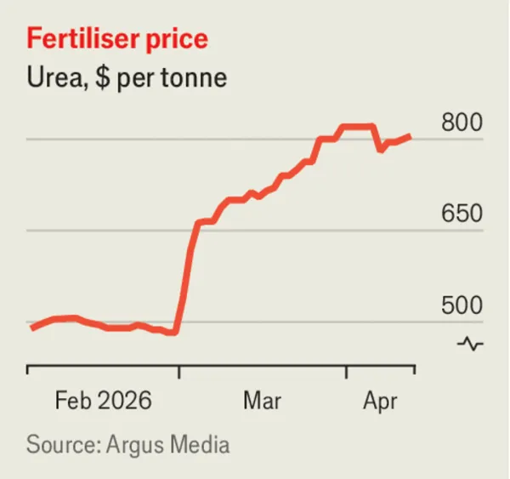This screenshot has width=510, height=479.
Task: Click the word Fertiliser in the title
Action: point(83,39)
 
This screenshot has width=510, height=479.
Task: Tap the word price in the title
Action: point(177,41)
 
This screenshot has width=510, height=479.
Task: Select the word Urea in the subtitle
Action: point(55,77)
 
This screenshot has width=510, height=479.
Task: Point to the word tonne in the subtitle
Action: point(194,78)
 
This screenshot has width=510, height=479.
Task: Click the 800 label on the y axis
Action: point(462,123)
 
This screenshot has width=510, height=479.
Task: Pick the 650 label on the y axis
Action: point(462,214)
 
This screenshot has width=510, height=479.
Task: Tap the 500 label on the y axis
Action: point(462,305)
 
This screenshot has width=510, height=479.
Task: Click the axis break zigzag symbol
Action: point(470,344)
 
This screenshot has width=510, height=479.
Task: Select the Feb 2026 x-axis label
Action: point(104,400)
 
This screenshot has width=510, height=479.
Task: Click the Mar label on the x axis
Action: point(262,400)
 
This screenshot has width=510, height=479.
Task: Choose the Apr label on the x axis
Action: point(380,402)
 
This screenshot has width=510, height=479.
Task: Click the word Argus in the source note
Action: point(135,445)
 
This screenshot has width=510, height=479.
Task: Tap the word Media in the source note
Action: point(200,444)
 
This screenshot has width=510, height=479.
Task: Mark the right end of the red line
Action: point(411,137)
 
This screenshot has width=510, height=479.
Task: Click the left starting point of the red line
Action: point(32,328)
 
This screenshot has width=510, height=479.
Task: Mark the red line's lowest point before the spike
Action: point(174,333)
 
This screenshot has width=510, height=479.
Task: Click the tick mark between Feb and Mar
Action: point(178,372)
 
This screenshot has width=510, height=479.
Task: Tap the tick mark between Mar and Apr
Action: point(347,372)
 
